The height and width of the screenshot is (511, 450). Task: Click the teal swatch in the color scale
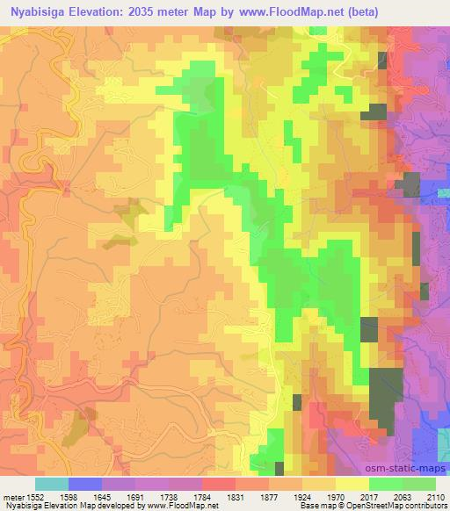(52, 484)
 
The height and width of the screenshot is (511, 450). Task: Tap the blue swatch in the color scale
(85, 484)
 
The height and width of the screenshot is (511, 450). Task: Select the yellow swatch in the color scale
(352, 484)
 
